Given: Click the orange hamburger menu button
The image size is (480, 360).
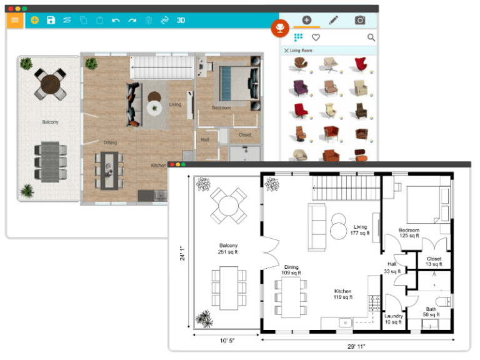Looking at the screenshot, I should coord(15,19).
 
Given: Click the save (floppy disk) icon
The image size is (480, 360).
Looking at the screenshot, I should coord(51,20).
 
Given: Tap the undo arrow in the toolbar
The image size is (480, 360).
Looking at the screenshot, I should coord(116,20).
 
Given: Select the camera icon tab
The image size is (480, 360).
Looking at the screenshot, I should coord(360,20).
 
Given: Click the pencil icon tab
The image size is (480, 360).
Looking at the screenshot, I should coord(334,20).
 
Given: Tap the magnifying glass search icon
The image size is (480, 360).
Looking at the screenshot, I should coord(371,38).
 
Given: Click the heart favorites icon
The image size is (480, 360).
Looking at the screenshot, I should coord(316,38).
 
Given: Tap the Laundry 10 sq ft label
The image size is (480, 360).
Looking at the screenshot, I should coord(394,319).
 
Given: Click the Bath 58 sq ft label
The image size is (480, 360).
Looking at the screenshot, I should coord(432,312).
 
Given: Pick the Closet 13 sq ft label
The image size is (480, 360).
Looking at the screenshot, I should coord(434,261).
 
